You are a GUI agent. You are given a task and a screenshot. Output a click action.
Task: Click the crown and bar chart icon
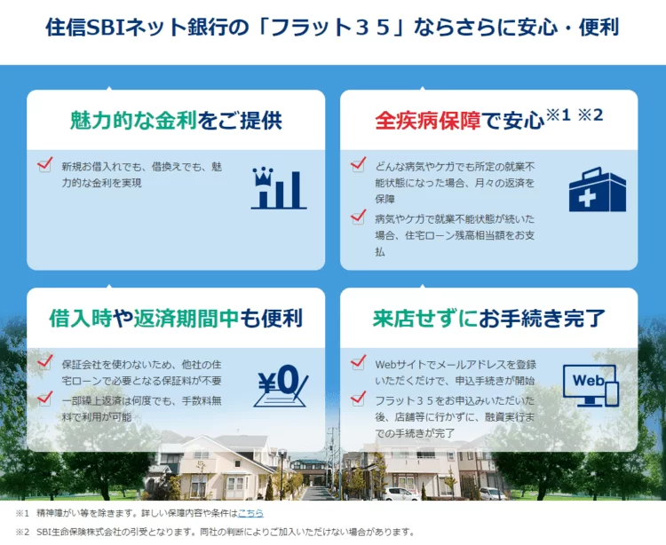(279, 188)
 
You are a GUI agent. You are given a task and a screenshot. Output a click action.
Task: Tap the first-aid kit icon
(598, 189)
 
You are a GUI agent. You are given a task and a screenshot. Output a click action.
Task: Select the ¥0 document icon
(281, 386)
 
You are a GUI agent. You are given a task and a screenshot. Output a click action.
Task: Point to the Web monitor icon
(591, 385)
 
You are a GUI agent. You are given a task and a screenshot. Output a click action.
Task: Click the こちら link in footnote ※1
(250, 513)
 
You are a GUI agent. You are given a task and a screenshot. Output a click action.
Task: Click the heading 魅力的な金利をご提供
(176, 120)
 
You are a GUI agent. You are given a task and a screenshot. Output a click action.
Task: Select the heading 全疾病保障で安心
(460, 121)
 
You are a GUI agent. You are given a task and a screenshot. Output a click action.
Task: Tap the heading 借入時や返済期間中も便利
(176, 319)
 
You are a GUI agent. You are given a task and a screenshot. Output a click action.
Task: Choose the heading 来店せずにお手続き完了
(489, 319)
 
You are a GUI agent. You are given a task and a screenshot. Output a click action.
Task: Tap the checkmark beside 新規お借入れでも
(45, 164)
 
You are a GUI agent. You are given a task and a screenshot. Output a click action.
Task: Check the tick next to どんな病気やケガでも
(358, 164)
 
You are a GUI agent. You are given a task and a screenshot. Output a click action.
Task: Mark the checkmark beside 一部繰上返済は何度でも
(45, 399)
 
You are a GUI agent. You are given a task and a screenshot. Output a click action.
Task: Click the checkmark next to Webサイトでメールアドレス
(358, 362)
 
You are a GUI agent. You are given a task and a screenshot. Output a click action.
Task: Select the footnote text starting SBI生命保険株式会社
(226, 532)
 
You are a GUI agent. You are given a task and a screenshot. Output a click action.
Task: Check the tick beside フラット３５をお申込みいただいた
(358, 399)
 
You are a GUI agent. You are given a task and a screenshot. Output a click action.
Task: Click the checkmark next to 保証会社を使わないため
(45, 362)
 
